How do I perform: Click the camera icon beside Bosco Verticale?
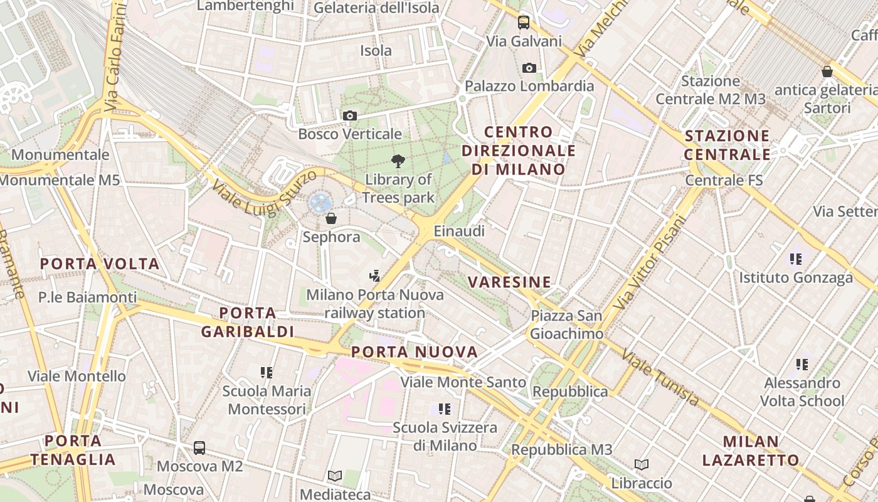point(350,115)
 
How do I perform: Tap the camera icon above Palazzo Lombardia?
point(529,68)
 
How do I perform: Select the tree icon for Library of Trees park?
point(398,161)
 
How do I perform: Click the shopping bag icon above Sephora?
point(331,218)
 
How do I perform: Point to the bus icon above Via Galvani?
point(523,23)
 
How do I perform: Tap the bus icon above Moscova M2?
point(199,448)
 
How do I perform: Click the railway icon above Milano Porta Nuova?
point(374,275)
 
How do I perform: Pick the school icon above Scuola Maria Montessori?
point(267,373)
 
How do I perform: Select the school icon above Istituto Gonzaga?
point(796,259)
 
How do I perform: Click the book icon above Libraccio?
point(641,464)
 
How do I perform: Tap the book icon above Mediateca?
point(335,476)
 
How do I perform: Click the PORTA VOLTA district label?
point(100,264)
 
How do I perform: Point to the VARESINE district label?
point(510,282)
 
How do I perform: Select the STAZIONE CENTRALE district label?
point(727,145)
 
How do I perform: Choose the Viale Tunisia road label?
point(660,377)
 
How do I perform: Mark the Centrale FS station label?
point(724,181)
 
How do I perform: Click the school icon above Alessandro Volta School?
point(801,364)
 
